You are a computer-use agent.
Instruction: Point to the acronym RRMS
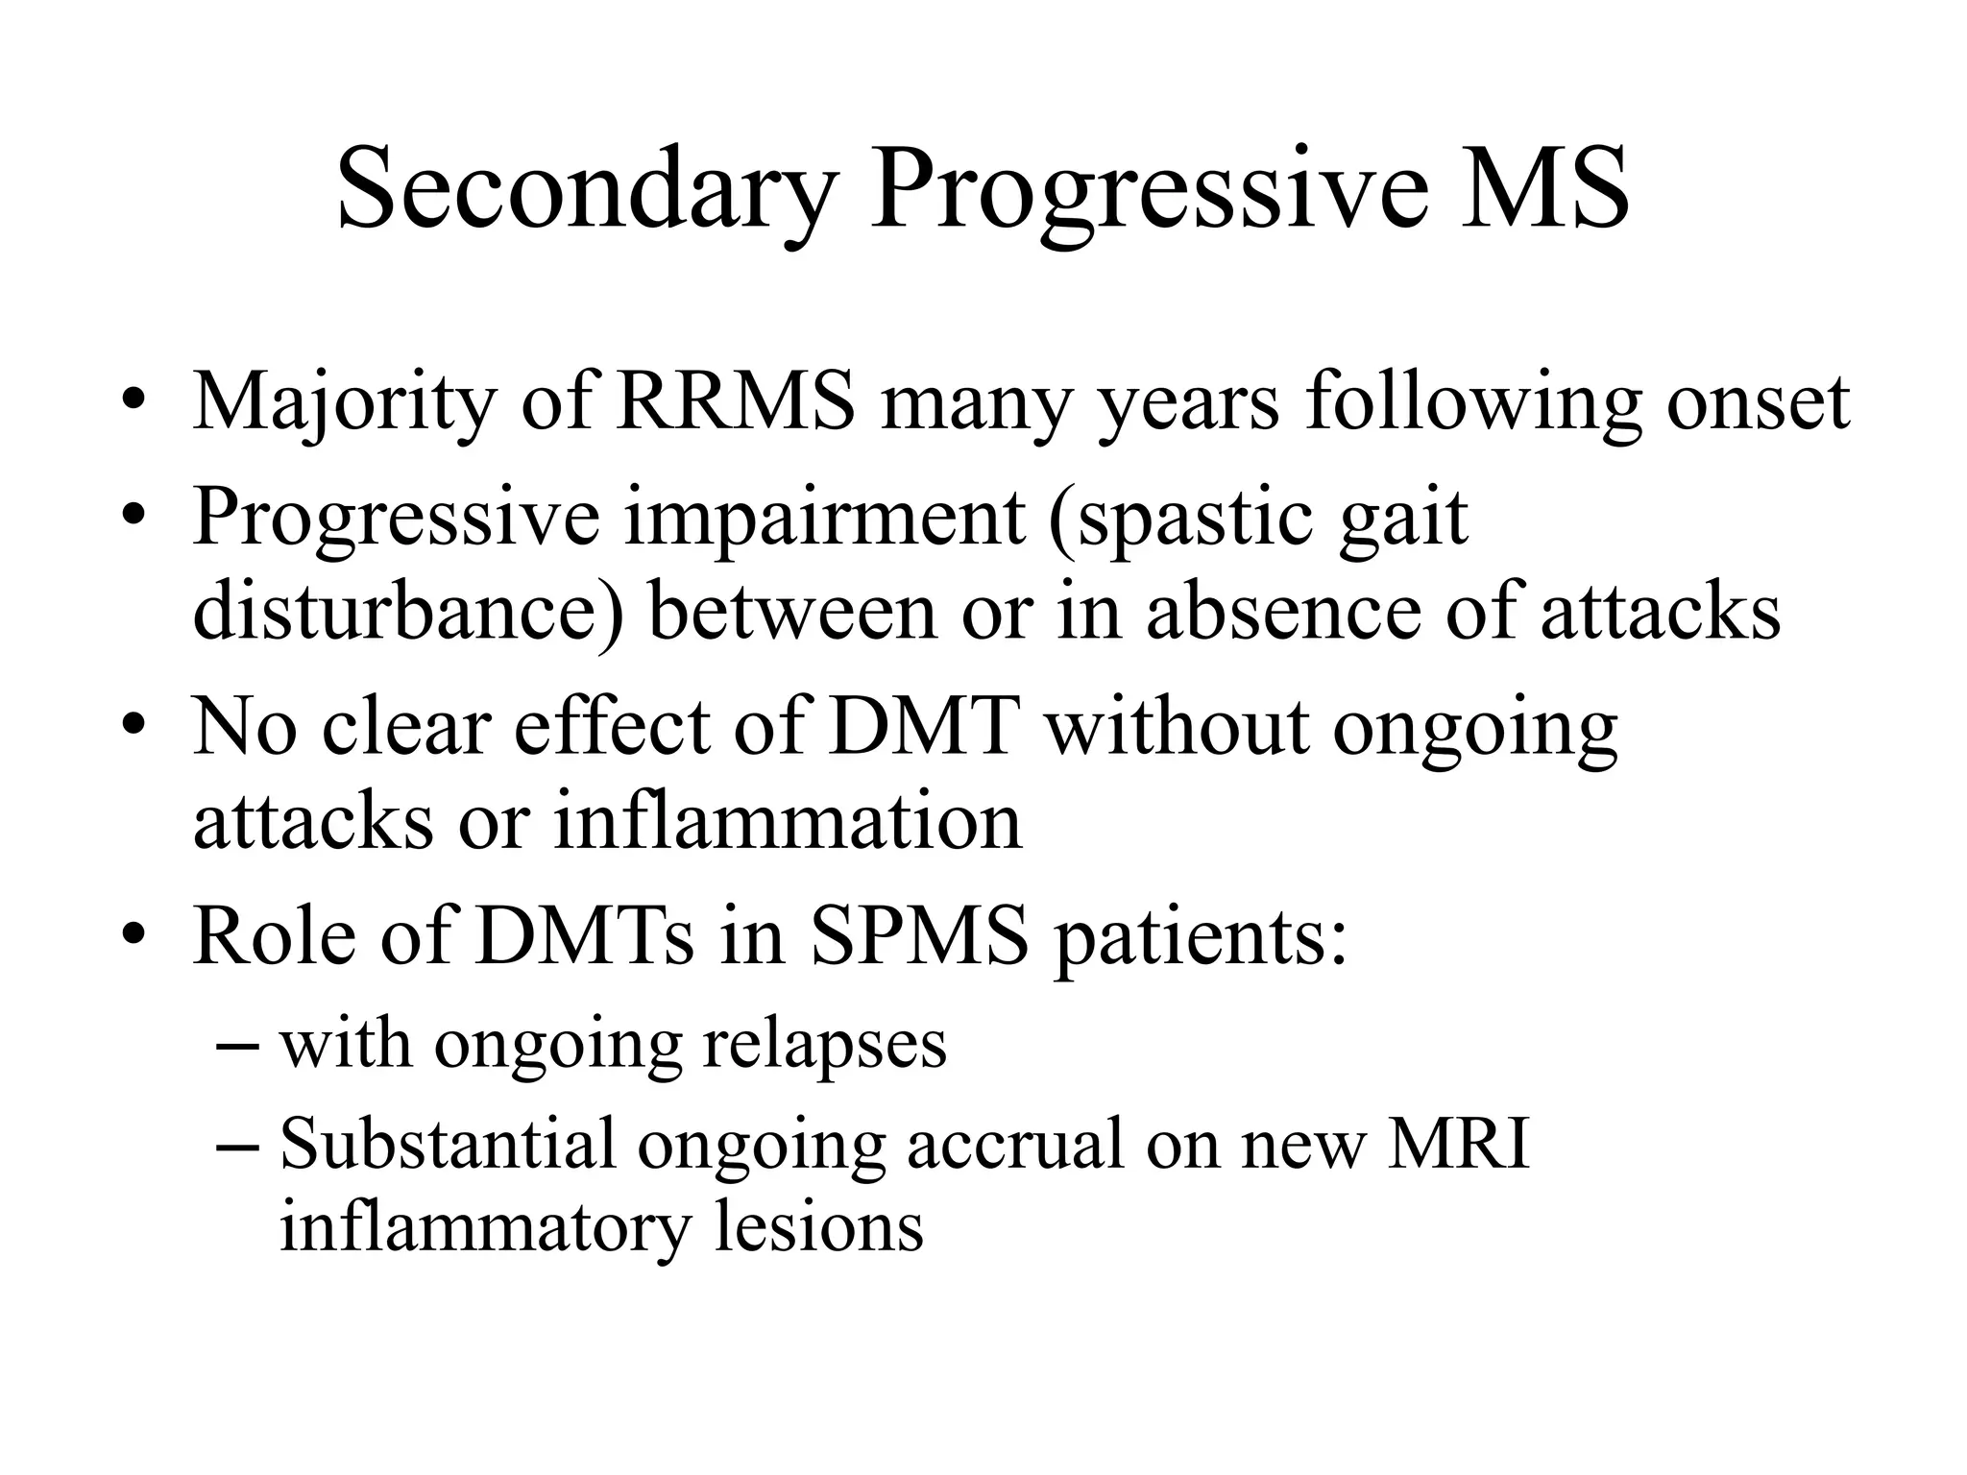pyautogui.click(x=736, y=401)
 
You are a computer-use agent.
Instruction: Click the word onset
pyautogui.click(x=1758, y=401)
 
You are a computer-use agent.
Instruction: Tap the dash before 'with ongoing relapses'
pyautogui.click(x=238, y=1044)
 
